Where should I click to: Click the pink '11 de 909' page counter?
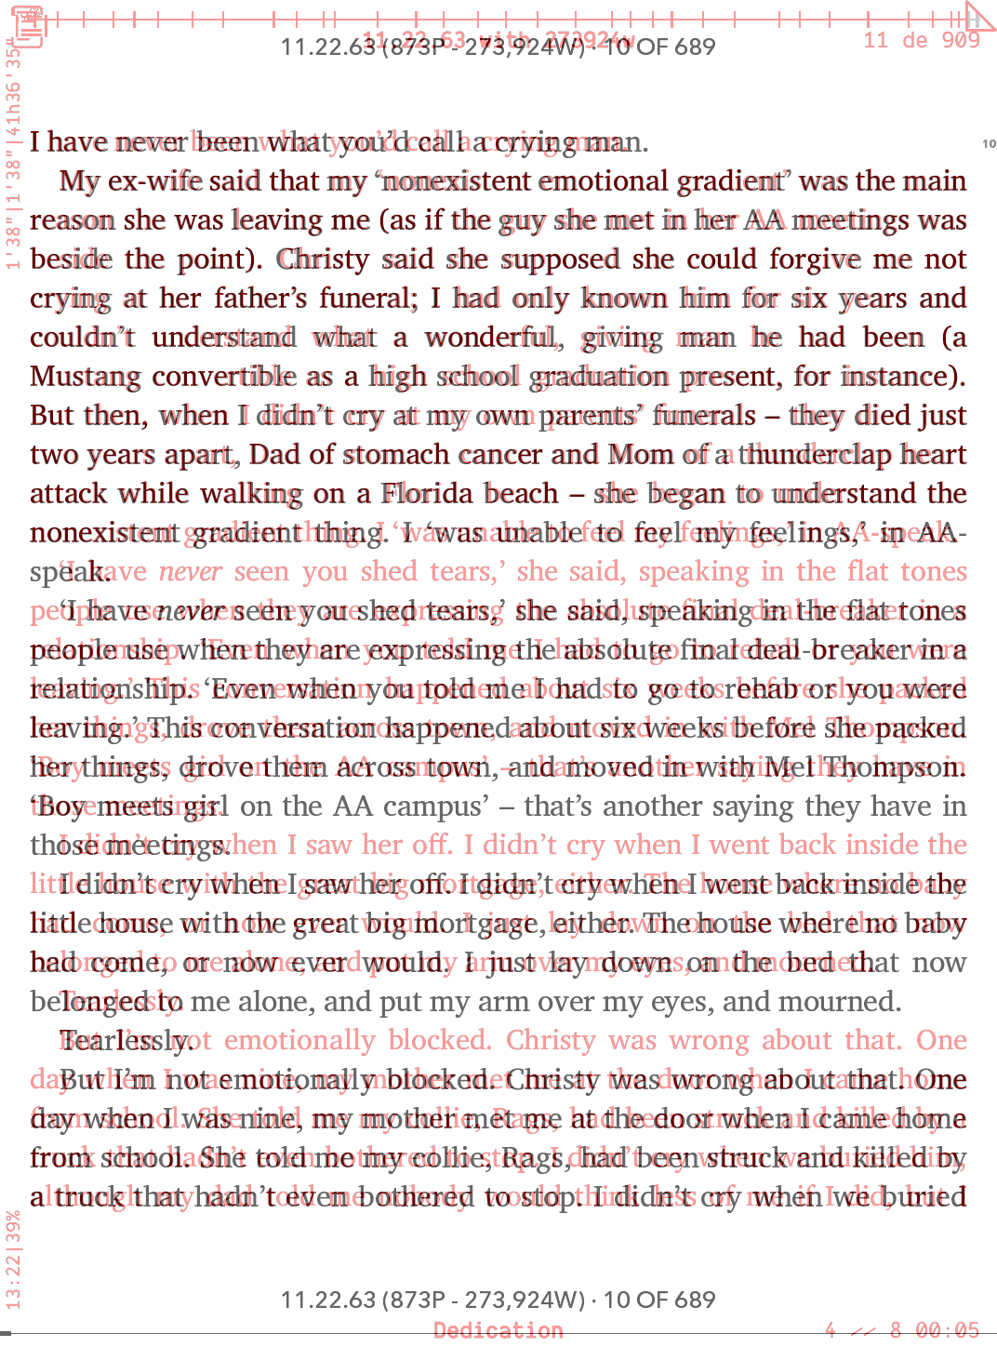point(921,39)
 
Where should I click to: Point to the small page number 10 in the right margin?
point(989,143)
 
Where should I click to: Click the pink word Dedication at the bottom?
point(498,1330)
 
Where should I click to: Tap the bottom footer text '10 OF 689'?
point(659,1300)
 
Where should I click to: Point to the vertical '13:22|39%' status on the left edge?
point(13,1259)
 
